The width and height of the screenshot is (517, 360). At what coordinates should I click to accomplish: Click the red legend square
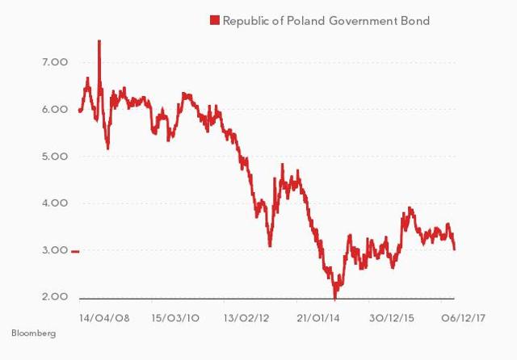click(x=214, y=20)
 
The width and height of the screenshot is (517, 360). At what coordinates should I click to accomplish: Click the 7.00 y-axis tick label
click(x=32, y=62)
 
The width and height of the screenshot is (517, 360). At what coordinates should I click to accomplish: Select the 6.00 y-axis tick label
click(x=32, y=109)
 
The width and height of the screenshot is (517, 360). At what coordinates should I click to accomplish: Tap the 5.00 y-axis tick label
click(x=32, y=156)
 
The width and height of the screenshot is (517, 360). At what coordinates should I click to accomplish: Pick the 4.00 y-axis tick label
click(x=32, y=203)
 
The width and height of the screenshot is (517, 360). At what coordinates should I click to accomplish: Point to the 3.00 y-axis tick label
click(x=32, y=250)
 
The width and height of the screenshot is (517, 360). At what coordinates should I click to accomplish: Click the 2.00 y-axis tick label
click(x=32, y=297)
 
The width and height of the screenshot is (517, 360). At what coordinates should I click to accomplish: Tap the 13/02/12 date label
click(x=248, y=317)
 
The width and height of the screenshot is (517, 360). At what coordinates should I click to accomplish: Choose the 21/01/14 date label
click(x=321, y=317)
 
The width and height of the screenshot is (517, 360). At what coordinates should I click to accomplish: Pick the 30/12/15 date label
click(x=393, y=317)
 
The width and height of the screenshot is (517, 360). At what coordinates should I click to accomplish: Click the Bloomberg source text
click(x=34, y=333)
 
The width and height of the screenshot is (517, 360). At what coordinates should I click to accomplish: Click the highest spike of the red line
click(x=99, y=41)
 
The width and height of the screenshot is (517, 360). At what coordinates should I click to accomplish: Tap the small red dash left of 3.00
click(x=75, y=252)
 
